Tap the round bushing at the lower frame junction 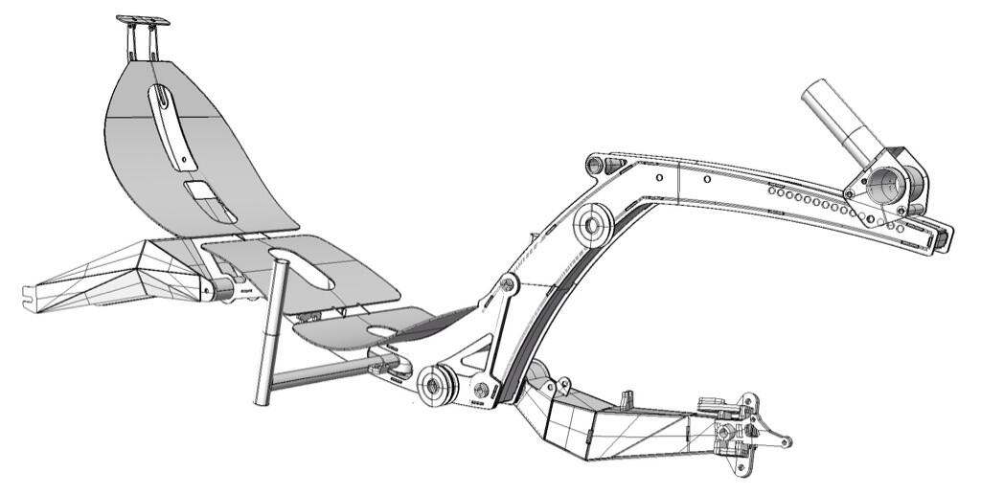tap(438, 385)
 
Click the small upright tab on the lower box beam tap(627, 395)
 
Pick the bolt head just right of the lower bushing tap(482, 389)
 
